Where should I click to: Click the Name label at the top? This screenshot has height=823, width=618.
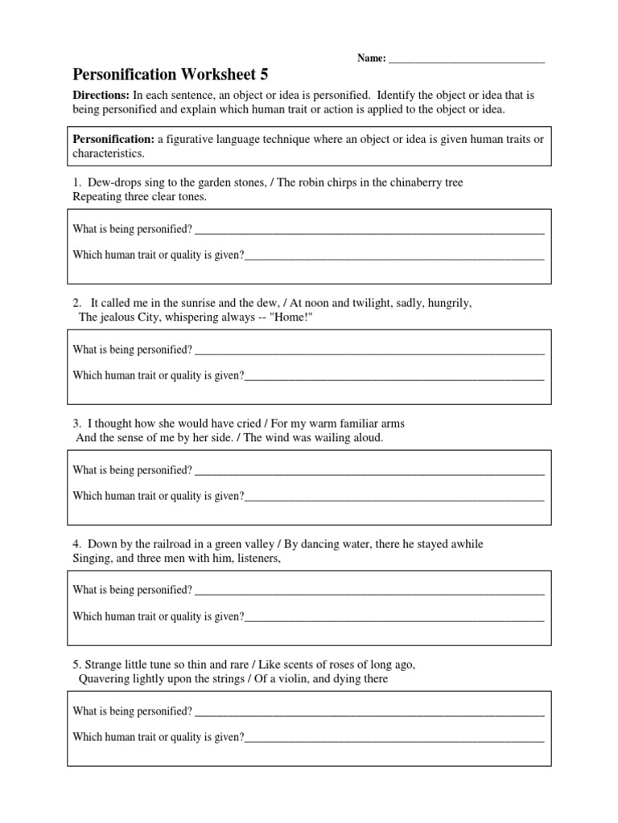point(371,59)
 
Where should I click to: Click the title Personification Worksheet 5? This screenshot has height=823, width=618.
point(171,75)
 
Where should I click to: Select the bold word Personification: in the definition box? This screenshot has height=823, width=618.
point(113,139)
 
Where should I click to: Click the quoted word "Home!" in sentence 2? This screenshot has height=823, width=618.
point(292,317)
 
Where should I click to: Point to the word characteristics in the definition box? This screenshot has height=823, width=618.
point(108,153)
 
